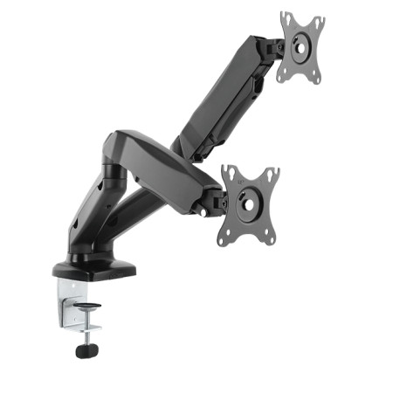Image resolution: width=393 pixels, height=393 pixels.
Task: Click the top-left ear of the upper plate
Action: [286, 17]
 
